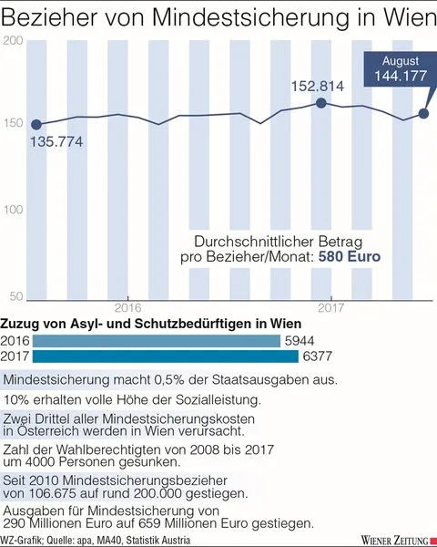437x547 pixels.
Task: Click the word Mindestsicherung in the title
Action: click(250, 17)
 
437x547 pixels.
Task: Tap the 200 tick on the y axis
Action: click(13, 40)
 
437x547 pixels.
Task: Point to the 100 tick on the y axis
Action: click(14, 210)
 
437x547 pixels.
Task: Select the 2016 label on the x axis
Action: click(128, 308)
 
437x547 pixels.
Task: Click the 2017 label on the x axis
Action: click(330, 308)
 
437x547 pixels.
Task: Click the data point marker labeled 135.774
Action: click(36, 125)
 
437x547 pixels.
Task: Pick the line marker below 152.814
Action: click(321, 103)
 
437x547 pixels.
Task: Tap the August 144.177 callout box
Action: click(401, 69)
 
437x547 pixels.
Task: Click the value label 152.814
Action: click(318, 87)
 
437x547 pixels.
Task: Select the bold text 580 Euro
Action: click(350, 257)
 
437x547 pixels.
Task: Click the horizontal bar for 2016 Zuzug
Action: click(157, 341)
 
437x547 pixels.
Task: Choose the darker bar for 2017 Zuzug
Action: click(166, 356)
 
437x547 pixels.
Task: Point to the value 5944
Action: click(300, 341)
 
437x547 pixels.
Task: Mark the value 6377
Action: click(318, 356)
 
